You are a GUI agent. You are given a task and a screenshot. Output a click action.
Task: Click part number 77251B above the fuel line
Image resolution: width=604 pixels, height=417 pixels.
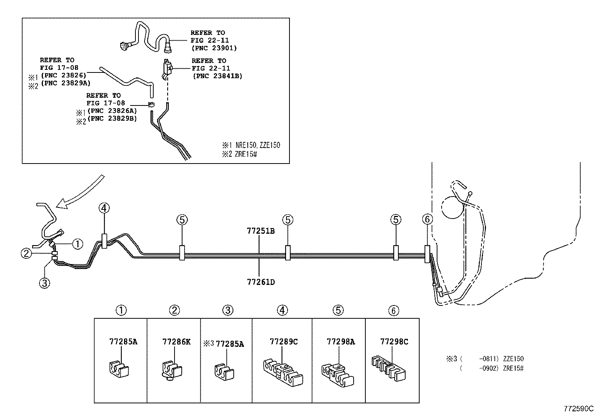[260, 231]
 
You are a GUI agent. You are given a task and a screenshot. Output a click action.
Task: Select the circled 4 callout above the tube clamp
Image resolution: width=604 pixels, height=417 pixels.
[104, 208]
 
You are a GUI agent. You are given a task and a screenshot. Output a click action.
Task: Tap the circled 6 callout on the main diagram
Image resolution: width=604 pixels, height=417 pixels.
[427, 219]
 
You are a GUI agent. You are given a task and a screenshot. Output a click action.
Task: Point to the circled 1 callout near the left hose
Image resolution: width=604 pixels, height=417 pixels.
[77, 244]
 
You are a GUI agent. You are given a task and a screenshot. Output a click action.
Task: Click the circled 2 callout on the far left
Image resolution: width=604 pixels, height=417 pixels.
[26, 253]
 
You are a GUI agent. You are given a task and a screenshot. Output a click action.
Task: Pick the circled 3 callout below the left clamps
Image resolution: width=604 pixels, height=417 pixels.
[44, 283]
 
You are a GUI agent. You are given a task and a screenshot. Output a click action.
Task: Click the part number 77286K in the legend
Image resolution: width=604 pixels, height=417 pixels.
[176, 341]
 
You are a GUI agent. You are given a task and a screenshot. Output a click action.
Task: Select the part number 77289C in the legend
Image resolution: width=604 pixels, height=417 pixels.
[283, 341]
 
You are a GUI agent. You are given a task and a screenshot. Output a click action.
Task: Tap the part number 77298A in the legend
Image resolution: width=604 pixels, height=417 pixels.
[340, 341]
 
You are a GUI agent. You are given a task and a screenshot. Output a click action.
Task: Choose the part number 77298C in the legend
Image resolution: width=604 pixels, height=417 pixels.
[394, 341]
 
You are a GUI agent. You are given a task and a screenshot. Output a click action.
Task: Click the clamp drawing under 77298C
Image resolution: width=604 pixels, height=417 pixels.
[390, 367]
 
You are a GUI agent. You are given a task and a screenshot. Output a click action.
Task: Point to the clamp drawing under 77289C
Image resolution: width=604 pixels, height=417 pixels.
[283, 370]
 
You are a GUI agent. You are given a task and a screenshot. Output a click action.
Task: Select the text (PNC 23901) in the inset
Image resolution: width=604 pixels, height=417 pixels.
[214, 48]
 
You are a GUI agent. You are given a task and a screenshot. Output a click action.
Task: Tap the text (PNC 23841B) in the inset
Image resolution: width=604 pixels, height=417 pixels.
[217, 76]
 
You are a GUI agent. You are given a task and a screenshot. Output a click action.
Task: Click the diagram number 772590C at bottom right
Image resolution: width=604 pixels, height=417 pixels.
[578, 409]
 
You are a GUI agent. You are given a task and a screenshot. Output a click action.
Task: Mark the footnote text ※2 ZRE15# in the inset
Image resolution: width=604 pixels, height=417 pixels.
[239, 154]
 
